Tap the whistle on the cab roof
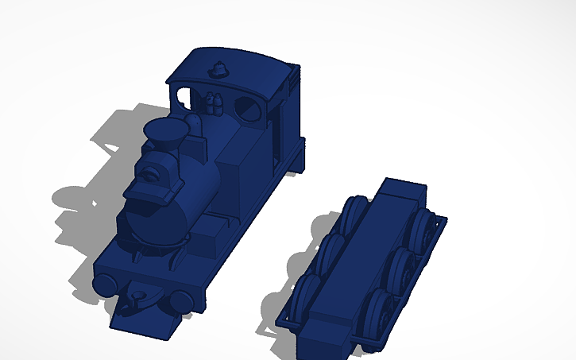[217, 69]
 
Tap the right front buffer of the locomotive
[182, 300]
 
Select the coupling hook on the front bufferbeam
[140, 300]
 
